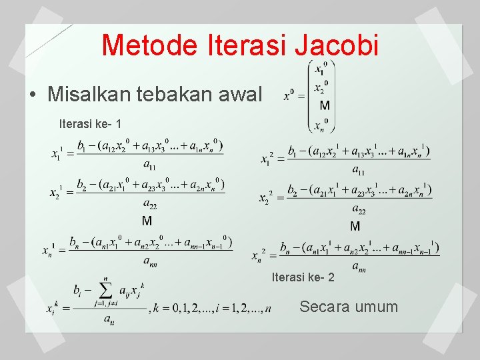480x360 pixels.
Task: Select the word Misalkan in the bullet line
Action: [x=89, y=94]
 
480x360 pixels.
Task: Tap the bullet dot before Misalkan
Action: [x=33, y=94]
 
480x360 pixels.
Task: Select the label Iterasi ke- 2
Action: [x=303, y=277]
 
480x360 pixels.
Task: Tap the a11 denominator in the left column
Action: [x=149, y=165]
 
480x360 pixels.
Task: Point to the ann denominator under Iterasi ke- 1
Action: [x=151, y=261]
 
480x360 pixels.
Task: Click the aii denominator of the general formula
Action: [x=108, y=319]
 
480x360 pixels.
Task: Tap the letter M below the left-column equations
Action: [x=147, y=221]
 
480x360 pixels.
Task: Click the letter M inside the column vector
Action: [x=324, y=105]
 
